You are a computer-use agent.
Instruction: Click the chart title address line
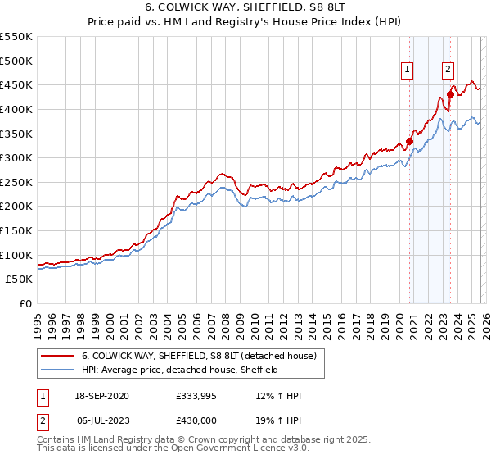[x=245, y=8]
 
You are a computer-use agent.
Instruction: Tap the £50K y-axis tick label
[x=19, y=279]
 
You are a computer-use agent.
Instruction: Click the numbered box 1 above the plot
[x=408, y=70]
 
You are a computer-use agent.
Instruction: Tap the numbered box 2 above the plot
[x=448, y=70]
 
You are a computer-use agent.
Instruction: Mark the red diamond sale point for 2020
[x=409, y=140]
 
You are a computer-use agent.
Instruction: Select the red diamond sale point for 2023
[x=450, y=94]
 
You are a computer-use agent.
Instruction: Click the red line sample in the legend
[x=58, y=356]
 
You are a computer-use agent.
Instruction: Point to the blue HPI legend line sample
[x=58, y=370]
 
